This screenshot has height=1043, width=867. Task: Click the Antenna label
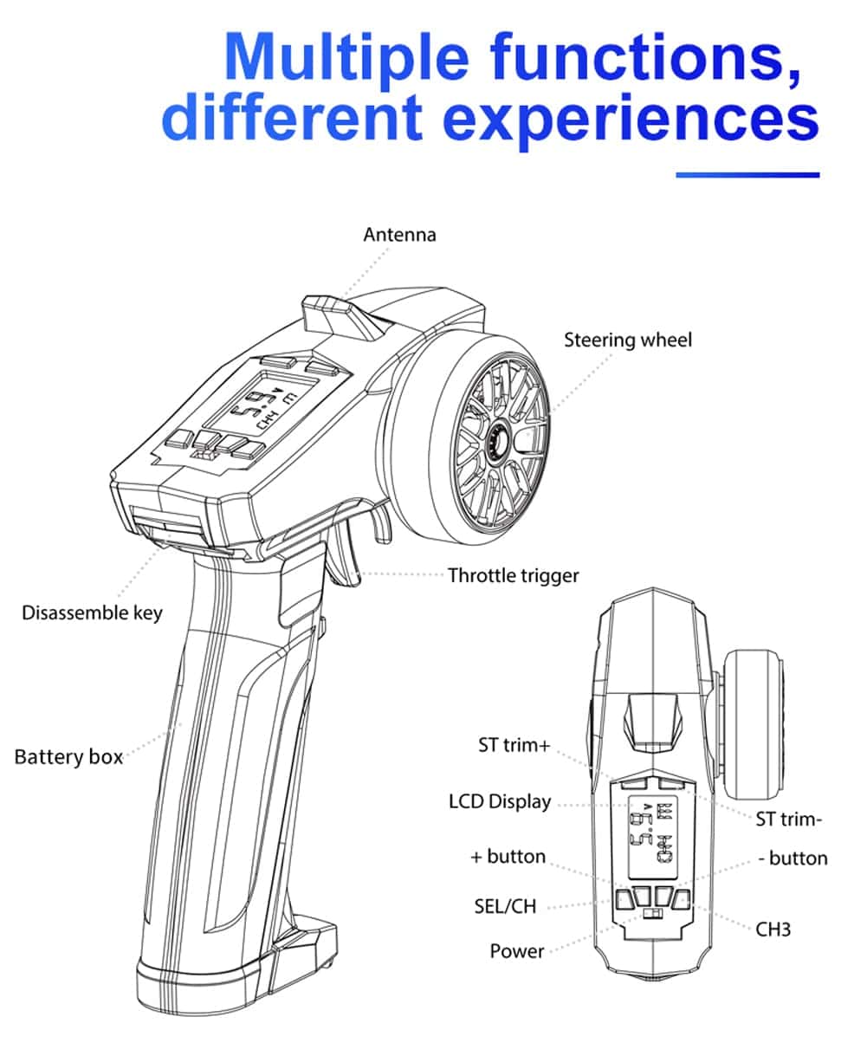point(399,235)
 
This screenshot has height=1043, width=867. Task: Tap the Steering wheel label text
point(628,340)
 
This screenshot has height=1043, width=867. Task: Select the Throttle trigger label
point(513,575)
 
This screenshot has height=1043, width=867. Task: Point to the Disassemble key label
point(92,613)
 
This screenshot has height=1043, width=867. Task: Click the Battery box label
point(68,757)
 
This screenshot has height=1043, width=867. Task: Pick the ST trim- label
point(788,819)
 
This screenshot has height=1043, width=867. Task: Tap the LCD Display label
point(500,801)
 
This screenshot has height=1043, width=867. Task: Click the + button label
point(508,857)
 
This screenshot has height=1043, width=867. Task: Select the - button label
point(793,858)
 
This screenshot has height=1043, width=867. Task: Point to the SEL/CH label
point(505,907)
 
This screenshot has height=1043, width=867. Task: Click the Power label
point(517,951)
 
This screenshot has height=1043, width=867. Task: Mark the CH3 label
point(773,930)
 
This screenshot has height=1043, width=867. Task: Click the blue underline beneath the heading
point(747,175)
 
